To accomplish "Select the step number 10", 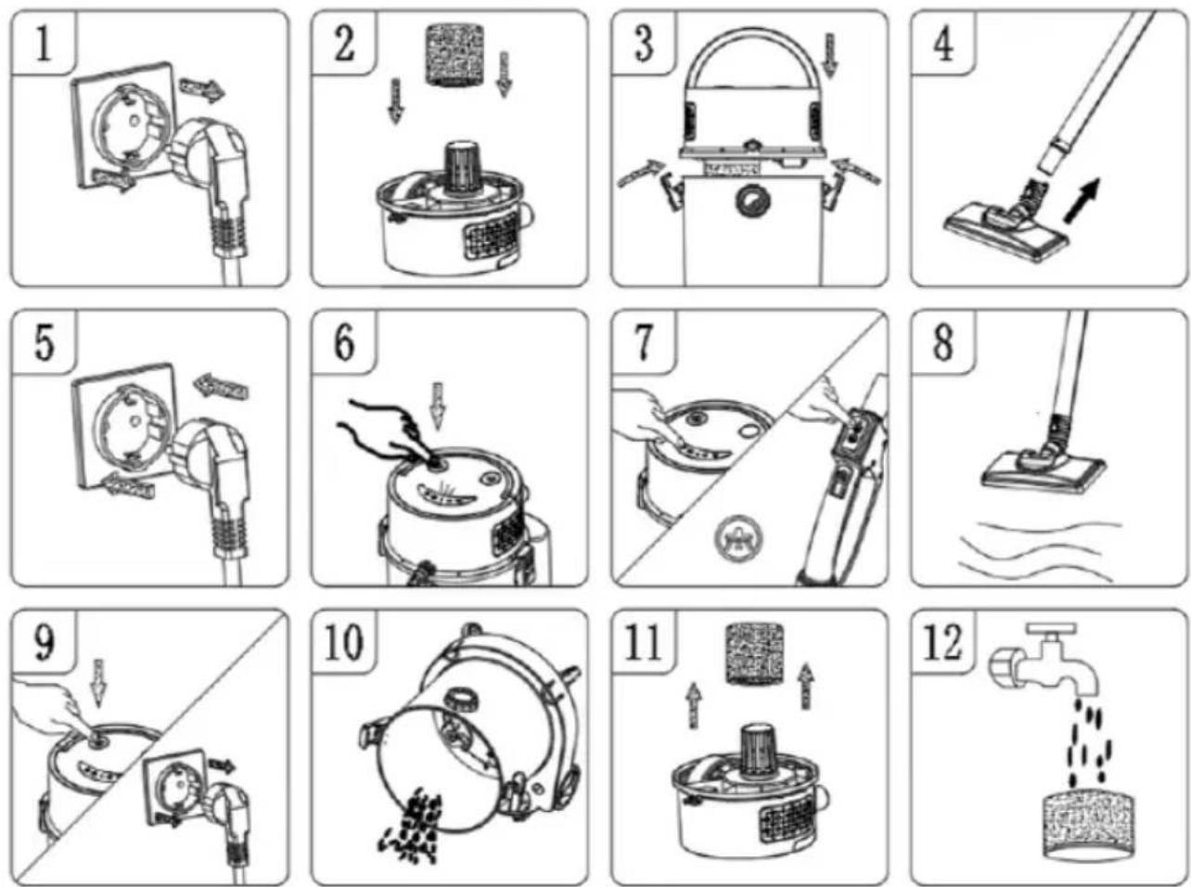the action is tap(344, 643).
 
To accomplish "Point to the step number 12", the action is tap(944, 643).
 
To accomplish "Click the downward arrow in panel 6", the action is tap(439, 405).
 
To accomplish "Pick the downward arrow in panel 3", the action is tap(830, 54).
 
